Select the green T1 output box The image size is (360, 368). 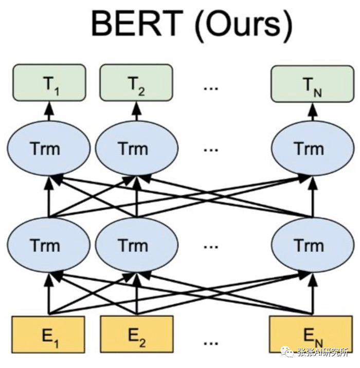pos(49,83)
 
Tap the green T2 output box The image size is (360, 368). pos(136,83)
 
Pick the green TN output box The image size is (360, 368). pos(313,84)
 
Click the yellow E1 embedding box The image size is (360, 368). pos(48,335)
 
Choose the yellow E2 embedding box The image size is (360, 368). pos(137,335)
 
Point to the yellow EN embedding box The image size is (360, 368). pos(311,335)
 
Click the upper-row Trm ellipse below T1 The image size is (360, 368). pos(49,149)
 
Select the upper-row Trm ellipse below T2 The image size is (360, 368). pos(136,149)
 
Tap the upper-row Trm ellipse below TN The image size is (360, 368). pos(313,149)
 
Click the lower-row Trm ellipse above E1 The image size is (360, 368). pos(49,245)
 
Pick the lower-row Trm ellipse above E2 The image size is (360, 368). pos(136,245)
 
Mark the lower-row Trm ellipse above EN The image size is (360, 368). pos(313,245)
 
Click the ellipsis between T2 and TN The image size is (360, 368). pos(211,89)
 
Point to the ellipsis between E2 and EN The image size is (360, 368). pos(211,343)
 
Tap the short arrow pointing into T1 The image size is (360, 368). pos(49,111)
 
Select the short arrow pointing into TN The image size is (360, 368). pos(313,112)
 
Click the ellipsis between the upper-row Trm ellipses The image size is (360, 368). pos(211,150)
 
